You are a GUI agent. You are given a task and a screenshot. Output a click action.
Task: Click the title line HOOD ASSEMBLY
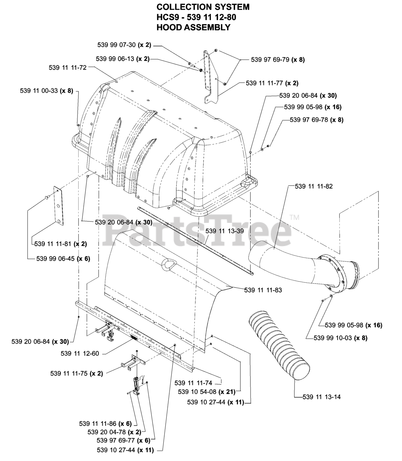point(194,27)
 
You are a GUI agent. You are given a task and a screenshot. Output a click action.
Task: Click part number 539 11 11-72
point(68,68)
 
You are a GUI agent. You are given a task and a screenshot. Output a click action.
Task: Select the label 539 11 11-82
point(314,186)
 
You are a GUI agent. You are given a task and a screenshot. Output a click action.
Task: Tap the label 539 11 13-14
point(322,397)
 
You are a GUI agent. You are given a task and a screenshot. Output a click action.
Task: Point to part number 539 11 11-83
point(263,290)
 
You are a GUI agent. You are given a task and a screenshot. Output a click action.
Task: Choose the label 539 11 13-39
point(225,231)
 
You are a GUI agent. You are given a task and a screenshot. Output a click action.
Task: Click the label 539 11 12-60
point(80,354)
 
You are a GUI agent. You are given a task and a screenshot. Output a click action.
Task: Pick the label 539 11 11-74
point(194,383)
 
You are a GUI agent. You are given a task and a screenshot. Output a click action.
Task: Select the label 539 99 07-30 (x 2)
point(124,45)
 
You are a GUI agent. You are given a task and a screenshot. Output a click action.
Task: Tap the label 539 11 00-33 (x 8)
point(47,91)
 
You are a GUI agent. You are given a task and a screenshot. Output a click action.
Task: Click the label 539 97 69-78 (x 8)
point(317,120)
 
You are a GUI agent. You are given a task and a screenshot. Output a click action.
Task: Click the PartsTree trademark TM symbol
point(294,218)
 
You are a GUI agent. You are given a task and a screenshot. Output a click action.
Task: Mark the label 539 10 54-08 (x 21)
point(207,392)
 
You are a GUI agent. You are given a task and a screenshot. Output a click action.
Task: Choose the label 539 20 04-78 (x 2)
point(114,432)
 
